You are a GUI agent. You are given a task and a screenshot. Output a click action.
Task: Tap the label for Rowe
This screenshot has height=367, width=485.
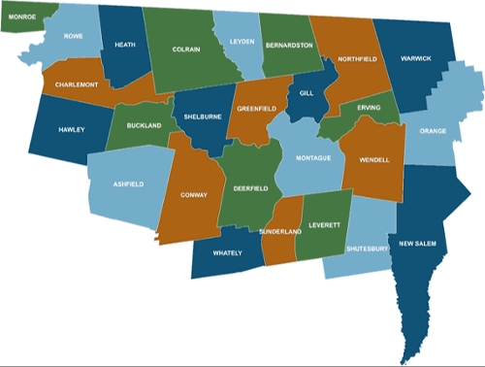74,36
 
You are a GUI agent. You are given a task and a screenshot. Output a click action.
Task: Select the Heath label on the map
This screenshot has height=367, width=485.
124,45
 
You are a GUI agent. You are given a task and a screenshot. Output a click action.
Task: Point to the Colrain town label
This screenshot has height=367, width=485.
186,48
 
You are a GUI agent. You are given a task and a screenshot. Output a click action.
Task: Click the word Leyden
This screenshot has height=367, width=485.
240,43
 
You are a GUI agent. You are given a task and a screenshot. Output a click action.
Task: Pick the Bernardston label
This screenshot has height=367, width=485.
290,45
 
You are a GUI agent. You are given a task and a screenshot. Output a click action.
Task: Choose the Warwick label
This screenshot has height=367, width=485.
427,58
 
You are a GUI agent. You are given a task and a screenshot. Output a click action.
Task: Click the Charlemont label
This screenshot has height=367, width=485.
76,84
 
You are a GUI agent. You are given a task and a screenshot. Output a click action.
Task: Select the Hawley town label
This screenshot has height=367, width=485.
72,129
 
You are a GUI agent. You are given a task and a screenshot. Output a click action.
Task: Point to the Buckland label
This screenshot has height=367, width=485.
144,125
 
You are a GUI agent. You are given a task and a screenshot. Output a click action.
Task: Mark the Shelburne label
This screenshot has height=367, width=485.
204,117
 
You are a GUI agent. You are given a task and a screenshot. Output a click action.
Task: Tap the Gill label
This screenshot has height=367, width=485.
307,93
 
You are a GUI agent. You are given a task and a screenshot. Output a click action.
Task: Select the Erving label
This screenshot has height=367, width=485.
369,107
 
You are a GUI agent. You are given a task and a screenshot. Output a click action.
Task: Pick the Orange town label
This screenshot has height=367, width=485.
434,131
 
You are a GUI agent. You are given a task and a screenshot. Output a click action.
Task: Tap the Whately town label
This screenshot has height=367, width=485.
227,254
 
